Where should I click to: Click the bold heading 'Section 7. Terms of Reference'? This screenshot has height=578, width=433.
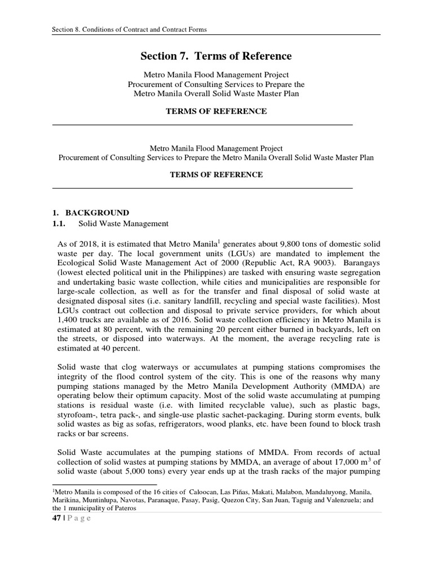pyautogui.click(x=216, y=56)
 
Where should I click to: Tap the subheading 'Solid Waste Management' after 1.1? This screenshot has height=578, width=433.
pyautogui.click(x=123, y=224)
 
